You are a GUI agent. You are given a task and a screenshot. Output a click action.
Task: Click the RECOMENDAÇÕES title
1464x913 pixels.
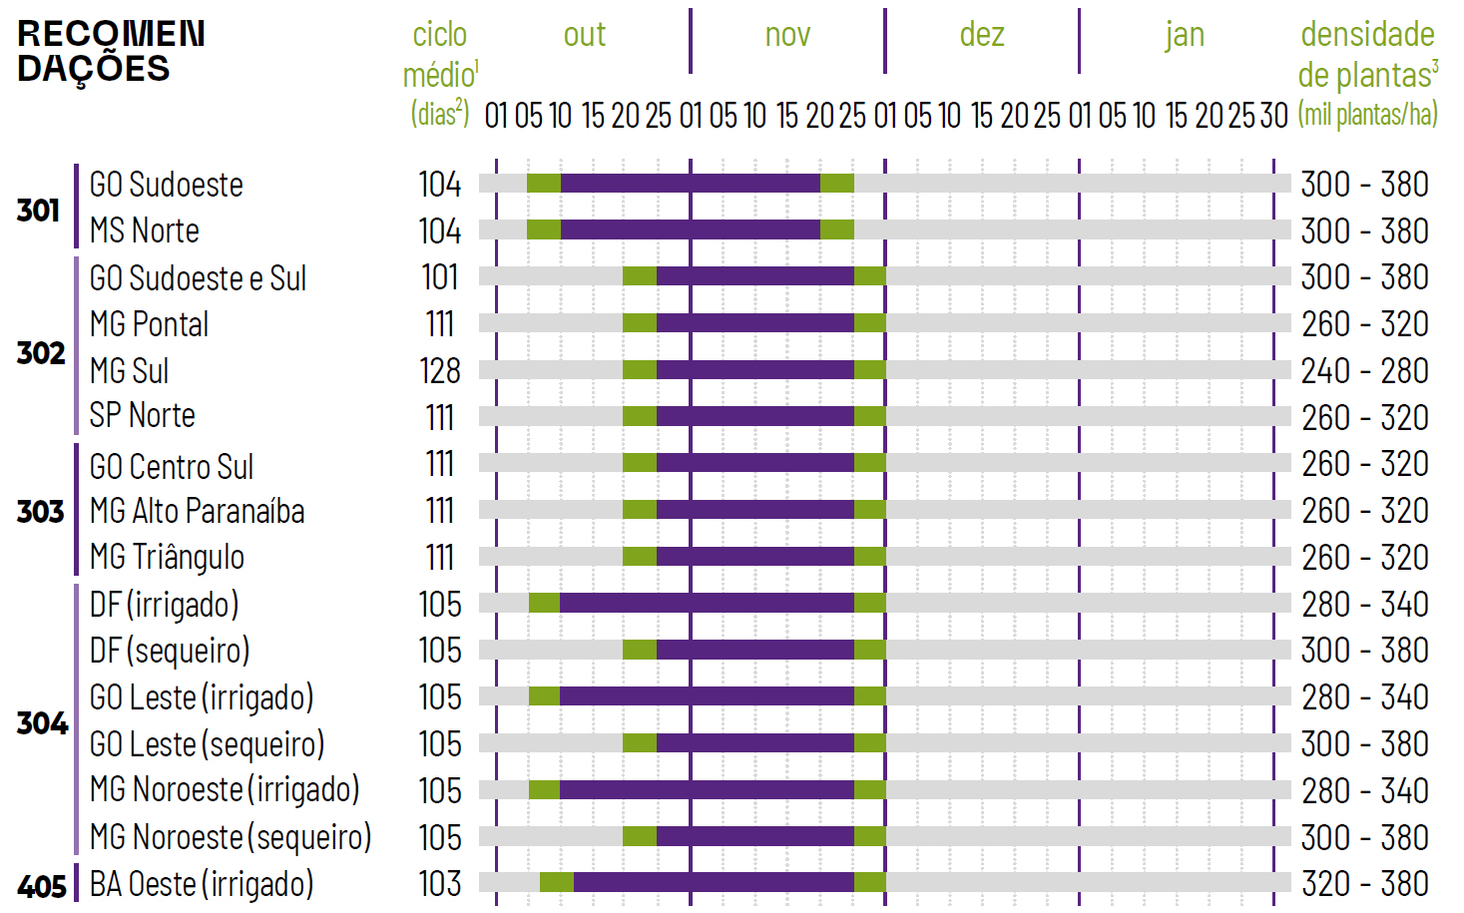[111, 51]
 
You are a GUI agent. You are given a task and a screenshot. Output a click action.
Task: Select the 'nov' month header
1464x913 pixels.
[787, 35]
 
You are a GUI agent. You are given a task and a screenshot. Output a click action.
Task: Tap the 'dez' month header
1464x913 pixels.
[982, 35]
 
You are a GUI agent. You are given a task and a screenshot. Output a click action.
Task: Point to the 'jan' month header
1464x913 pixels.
[1185, 35]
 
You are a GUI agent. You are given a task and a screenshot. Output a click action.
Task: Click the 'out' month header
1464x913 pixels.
[585, 35]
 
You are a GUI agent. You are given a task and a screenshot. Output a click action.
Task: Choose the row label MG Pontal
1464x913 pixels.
[149, 324]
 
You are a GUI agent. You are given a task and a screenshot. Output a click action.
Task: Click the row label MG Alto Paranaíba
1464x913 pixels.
[197, 511]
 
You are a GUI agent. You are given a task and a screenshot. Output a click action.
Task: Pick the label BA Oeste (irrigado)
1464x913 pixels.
[202, 884]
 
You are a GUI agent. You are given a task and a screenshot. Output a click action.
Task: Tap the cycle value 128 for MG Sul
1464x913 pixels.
[440, 371]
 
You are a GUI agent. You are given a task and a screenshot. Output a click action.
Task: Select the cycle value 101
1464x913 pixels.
[440, 277]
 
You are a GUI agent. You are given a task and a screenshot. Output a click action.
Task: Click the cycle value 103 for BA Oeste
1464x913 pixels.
[440, 884]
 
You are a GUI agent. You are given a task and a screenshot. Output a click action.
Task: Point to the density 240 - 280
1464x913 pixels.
[1364, 371]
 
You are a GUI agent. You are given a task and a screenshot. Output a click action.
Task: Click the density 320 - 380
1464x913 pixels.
[1364, 884]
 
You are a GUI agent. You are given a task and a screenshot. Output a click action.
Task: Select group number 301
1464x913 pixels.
[38, 210]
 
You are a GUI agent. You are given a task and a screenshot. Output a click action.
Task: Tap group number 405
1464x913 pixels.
[41, 886]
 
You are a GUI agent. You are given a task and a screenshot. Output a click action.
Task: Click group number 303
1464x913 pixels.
[40, 512]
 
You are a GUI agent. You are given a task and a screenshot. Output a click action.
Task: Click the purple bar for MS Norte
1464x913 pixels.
[690, 229]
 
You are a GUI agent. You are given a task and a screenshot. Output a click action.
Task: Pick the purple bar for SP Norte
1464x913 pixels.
[754, 416]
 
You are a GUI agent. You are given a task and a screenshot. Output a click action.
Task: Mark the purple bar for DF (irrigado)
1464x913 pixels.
[707, 603]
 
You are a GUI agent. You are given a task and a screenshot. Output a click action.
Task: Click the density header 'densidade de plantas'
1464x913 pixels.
[1367, 55]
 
